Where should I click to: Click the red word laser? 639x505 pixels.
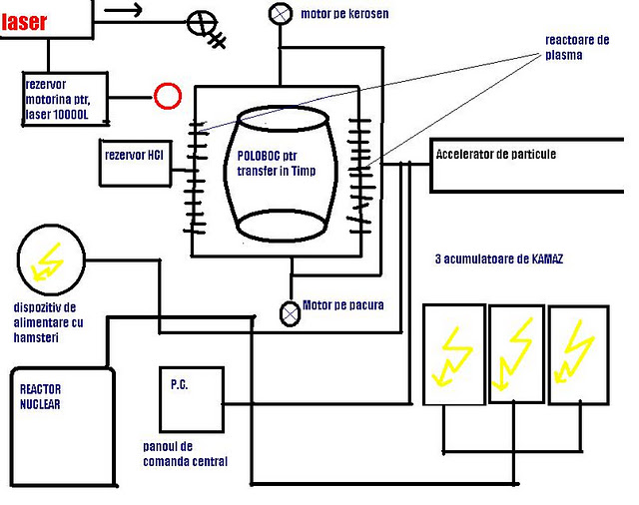[x=24, y=22]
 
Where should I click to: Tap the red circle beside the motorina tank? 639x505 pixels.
[x=168, y=96]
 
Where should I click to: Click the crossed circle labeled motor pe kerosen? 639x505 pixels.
[x=281, y=13]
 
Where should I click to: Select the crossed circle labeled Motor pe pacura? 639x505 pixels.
[x=290, y=313]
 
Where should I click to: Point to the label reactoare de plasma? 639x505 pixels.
[x=577, y=47]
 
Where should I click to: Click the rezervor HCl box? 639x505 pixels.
[x=136, y=163]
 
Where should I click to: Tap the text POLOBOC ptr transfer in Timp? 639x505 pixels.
[x=277, y=163]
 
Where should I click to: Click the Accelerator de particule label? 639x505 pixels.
[x=496, y=154]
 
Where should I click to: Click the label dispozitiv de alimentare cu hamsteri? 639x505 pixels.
[x=48, y=322]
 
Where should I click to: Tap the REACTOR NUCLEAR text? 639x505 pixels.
[x=40, y=396]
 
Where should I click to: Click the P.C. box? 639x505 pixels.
[x=192, y=399]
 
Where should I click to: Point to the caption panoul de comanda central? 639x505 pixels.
[x=185, y=454]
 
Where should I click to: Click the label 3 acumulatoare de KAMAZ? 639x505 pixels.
[x=499, y=259]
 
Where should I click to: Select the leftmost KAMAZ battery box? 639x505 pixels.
[x=454, y=354]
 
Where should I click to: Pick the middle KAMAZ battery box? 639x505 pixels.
[x=517, y=354]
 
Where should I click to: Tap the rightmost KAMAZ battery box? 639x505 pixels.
[x=579, y=354]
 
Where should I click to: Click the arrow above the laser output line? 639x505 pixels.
[x=123, y=9]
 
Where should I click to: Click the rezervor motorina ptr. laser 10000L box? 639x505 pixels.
[x=65, y=99]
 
